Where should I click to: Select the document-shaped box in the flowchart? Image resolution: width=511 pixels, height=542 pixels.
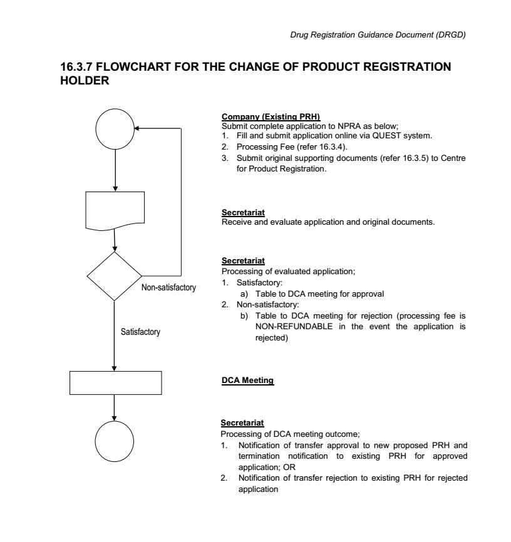[x=115, y=211]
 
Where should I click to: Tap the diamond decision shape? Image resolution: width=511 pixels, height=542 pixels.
[x=115, y=276]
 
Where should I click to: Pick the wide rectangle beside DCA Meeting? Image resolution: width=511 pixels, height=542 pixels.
[x=115, y=382]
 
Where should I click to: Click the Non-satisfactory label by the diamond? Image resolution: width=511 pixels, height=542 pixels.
[x=169, y=288]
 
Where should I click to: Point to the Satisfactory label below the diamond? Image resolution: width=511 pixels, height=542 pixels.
[x=141, y=332]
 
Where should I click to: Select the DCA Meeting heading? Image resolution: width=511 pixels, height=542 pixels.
[x=248, y=380]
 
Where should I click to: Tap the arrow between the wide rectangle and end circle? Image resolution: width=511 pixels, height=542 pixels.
[x=115, y=408]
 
